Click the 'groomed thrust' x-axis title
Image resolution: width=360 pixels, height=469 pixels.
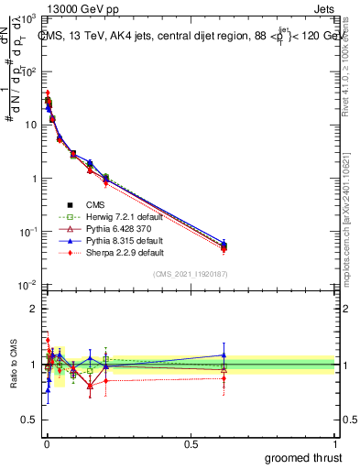click(x=303, y=457)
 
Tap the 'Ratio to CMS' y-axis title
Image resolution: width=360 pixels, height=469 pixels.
click(x=12, y=365)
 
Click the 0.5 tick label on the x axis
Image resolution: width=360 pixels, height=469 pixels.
click(x=191, y=442)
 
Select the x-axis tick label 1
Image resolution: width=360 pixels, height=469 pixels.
click(x=336, y=442)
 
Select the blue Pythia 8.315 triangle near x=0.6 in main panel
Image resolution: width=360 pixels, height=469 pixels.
click(x=224, y=244)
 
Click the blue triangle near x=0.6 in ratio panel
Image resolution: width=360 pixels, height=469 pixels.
click(x=224, y=355)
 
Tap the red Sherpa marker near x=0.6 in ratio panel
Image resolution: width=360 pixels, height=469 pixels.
click(x=224, y=378)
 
